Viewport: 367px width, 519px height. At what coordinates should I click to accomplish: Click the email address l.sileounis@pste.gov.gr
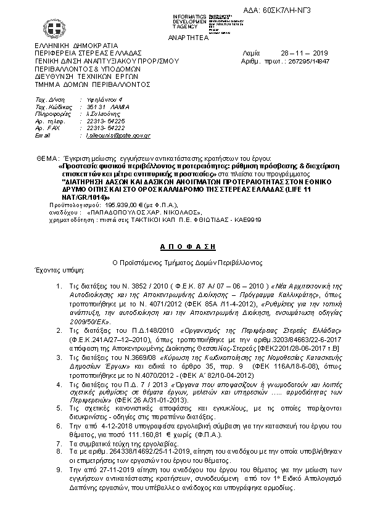[118, 134]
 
